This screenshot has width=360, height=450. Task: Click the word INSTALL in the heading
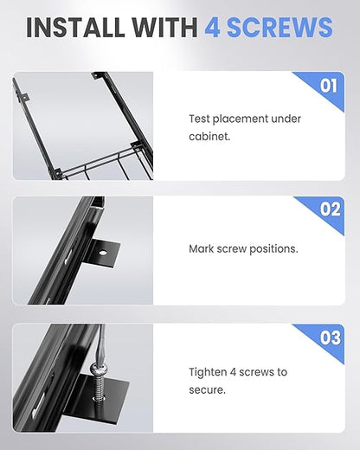click(x=76, y=28)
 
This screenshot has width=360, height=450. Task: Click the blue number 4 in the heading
click(x=212, y=28)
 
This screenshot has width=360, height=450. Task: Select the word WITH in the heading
click(x=165, y=28)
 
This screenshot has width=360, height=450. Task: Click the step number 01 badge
click(x=328, y=86)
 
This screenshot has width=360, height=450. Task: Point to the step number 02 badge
click(x=330, y=209)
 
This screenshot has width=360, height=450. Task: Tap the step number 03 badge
click(x=331, y=337)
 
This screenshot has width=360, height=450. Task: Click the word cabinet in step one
click(x=209, y=136)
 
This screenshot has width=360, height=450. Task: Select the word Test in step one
click(x=199, y=119)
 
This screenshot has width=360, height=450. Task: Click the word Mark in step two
click(x=202, y=248)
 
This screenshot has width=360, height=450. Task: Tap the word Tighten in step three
click(x=208, y=372)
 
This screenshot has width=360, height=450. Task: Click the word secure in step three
click(x=207, y=390)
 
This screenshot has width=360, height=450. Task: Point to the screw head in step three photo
click(x=98, y=369)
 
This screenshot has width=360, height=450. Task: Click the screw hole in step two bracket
click(x=102, y=253)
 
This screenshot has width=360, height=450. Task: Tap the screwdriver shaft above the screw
click(x=101, y=344)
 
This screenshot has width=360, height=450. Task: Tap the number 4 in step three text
click(x=233, y=372)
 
